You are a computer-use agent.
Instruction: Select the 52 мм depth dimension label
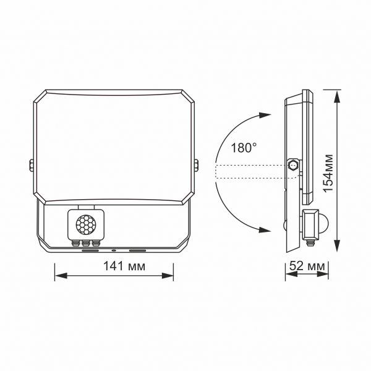click(307, 267)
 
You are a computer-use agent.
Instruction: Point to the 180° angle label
click(243, 148)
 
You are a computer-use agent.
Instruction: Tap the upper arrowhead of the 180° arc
click(265, 115)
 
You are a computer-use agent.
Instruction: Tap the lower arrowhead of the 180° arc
click(265, 230)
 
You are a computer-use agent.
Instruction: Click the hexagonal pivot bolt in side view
click(293, 166)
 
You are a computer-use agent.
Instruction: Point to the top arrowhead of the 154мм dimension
click(338, 94)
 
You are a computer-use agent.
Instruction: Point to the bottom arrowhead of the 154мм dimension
click(338, 249)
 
